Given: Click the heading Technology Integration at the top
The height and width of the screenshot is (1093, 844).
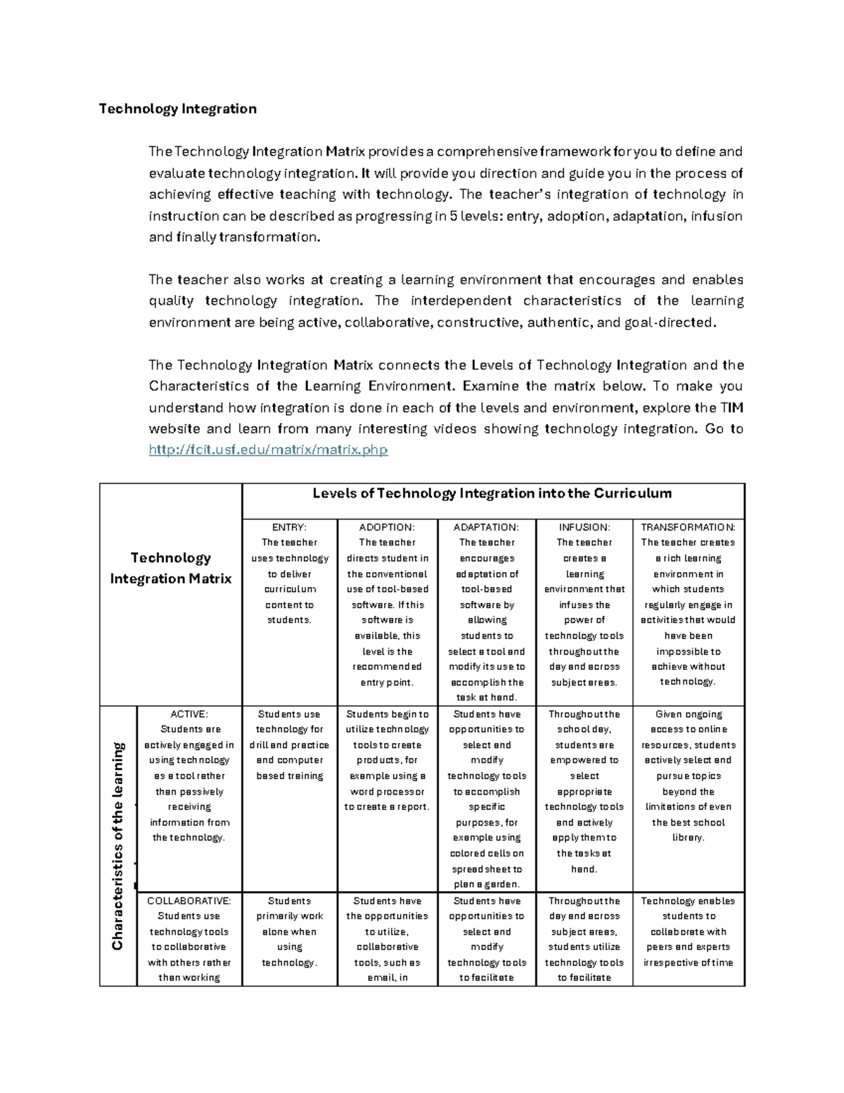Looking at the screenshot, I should tap(177, 109).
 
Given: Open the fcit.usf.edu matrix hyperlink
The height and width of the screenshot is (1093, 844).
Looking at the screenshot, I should tap(268, 450).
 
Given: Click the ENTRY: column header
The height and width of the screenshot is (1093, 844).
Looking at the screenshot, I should tap(289, 527).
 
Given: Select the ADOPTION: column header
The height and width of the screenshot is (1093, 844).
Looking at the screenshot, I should tap(387, 527).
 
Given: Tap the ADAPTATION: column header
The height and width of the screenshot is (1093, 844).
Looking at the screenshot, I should tap(486, 527).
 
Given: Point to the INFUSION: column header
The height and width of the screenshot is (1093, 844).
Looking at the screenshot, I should tap(584, 527).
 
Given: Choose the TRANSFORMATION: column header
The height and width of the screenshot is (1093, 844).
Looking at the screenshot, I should tap(688, 527).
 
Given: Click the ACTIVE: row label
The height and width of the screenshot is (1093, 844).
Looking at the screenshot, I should tap(189, 714).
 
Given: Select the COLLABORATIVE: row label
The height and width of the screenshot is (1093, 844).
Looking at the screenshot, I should tap(188, 901).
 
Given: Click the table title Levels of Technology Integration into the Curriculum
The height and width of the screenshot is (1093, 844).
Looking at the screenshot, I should tap(492, 493).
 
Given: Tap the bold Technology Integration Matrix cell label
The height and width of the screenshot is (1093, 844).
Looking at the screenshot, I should tap(171, 568).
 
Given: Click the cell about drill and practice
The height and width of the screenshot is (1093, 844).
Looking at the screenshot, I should tap(289, 745).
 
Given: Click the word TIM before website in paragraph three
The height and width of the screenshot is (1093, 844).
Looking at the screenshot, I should tap(731, 408).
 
